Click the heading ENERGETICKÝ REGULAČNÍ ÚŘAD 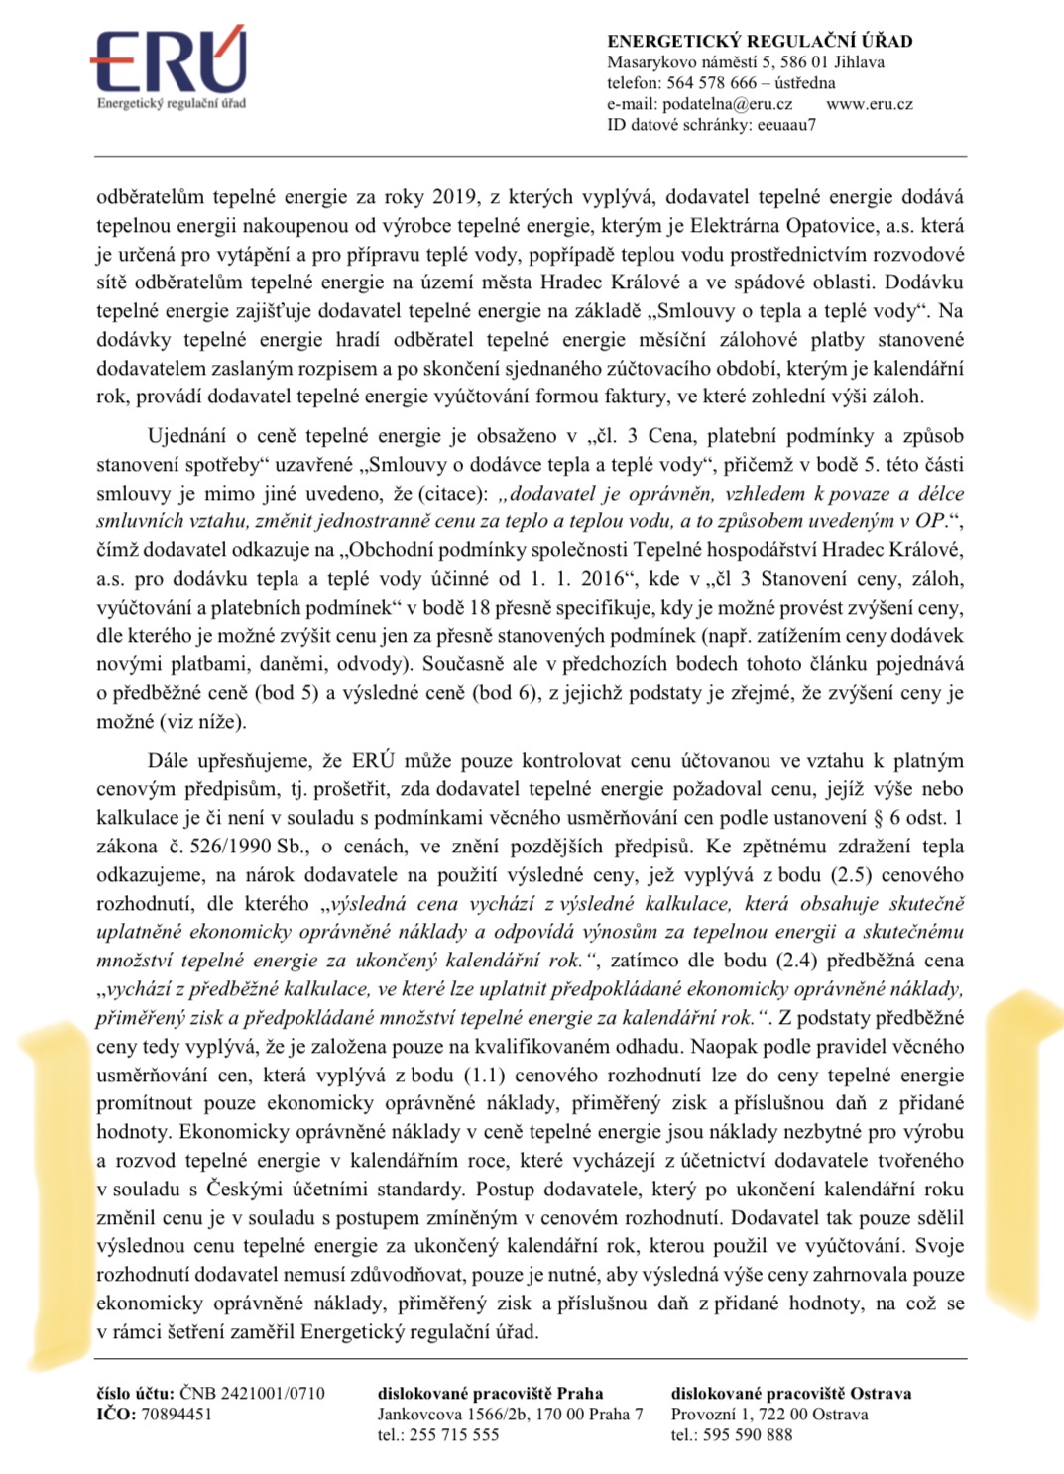coord(760,42)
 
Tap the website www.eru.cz coord(869,104)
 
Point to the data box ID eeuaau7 coord(786,125)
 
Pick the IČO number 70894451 coord(177,1415)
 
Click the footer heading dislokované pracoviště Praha coord(490,1394)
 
